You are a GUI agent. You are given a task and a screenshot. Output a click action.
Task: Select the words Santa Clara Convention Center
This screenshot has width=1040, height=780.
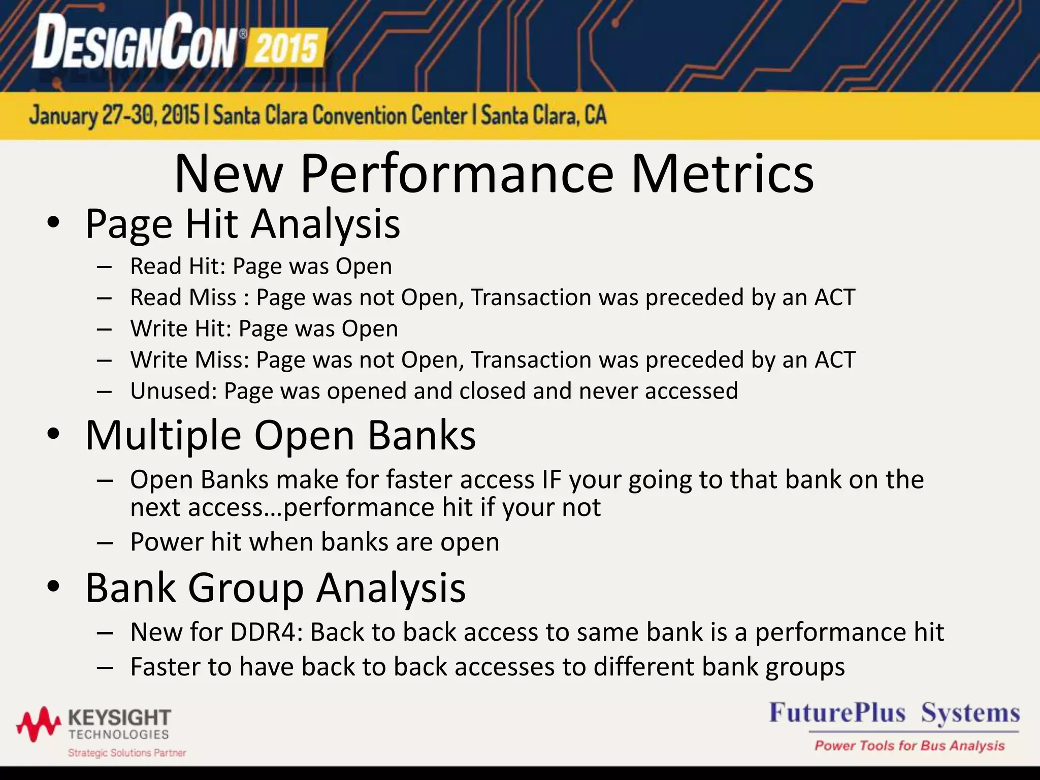click(x=340, y=116)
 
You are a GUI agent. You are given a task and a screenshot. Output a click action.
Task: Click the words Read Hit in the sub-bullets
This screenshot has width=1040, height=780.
click(x=176, y=266)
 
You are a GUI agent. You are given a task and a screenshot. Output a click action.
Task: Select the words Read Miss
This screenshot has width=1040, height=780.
click(x=183, y=298)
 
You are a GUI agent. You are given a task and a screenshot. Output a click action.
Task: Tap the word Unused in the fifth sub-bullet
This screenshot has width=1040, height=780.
click(x=173, y=391)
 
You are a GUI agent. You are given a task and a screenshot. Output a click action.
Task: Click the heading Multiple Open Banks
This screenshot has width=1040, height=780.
click(x=280, y=436)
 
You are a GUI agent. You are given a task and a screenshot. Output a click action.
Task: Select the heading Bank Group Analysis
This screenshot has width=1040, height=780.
click(x=275, y=588)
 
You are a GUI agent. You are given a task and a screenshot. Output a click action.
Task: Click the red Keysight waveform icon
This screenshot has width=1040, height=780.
click(x=39, y=723)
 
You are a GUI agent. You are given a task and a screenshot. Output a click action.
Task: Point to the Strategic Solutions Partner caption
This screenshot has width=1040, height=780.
click(x=127, y=753)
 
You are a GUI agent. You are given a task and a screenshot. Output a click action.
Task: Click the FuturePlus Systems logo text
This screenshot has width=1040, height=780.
click(x=894, y=713)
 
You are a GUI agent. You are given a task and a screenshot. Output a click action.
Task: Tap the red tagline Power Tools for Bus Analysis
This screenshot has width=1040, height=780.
click(x=909, y=745)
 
